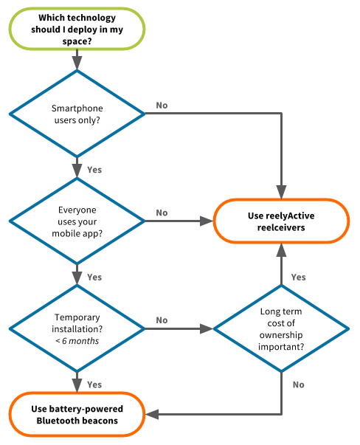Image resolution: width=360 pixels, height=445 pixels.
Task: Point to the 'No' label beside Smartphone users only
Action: click(162, 106)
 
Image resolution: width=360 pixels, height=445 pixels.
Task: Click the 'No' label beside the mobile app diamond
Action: click(162, 213)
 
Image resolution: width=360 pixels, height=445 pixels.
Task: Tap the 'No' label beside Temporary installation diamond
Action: click(162, 320)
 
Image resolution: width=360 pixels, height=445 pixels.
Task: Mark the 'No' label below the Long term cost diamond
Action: click(299, 384)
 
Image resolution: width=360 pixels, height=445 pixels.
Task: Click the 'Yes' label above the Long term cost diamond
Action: click(299, 277)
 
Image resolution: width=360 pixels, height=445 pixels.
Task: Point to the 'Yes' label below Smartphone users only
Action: click(94, 170)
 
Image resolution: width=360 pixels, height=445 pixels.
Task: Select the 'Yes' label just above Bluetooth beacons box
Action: click(94, 384)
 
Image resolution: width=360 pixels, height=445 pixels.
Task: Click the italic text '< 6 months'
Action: click(77, 340)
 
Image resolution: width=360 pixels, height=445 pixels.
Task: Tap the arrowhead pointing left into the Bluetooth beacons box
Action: click(152, 414)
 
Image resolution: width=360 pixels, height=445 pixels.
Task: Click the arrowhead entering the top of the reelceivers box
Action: click(281, 193)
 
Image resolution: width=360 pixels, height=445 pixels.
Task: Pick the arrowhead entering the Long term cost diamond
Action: click(207, 328)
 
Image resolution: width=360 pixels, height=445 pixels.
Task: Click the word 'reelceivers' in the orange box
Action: click(281, 227)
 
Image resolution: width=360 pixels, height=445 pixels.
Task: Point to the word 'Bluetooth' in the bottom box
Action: click(57, 421)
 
